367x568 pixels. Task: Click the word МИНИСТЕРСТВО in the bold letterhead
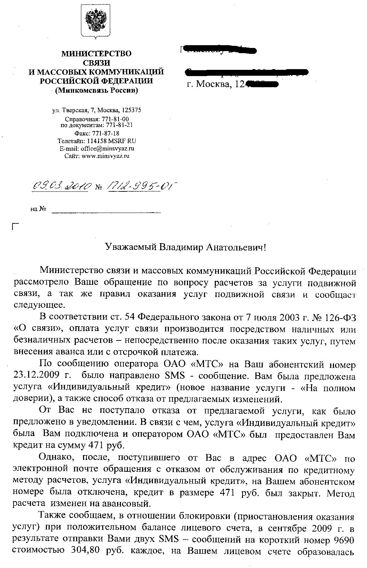[96, 54]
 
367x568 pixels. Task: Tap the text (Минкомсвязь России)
[96, 91]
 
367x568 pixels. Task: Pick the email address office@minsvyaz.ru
[105, 148]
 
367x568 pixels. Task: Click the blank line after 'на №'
[106, 210]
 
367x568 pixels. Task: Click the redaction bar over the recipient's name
[219, 50]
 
